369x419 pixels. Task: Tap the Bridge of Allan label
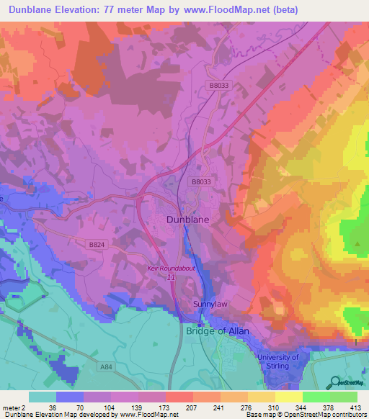[x=221, y=331]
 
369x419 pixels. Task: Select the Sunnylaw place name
[x=210, y=305]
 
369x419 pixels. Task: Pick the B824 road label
[x=97, y=245]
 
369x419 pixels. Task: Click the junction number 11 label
[x=172, y=276]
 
